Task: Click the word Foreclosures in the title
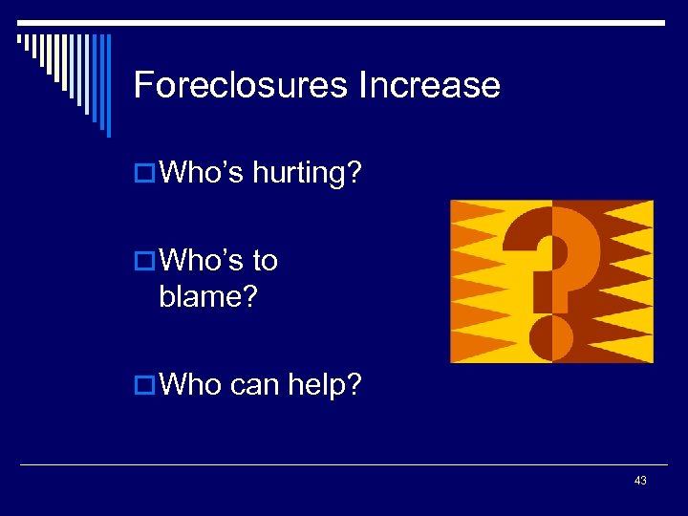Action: (x=241, y=85)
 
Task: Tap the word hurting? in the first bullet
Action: (x=308, y=174)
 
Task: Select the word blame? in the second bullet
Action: (x=208, y=296)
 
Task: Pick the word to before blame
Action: (x=265, y=260)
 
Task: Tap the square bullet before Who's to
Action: (x=144, y=261)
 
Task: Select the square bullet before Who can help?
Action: (x=144, y=385)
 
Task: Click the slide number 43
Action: (x=640, y=481)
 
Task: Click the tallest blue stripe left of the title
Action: (x=107, y=86)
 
